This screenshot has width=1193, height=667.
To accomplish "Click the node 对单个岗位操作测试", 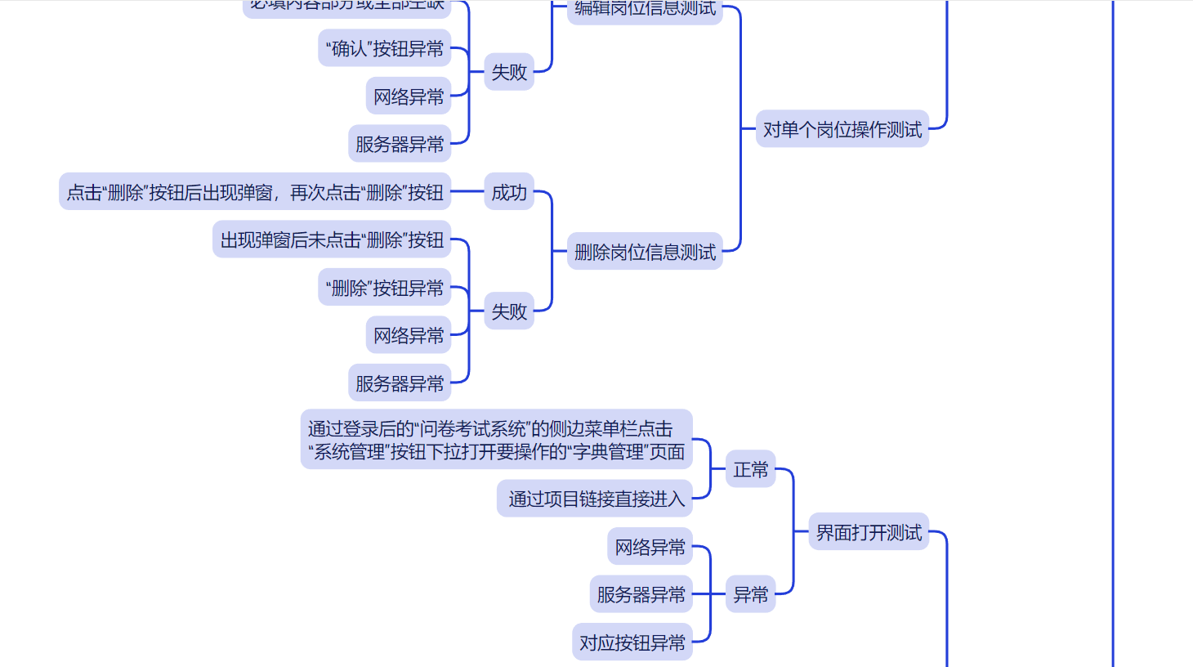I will click(842, 129).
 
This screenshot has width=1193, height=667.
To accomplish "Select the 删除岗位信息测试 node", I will click(645, 252).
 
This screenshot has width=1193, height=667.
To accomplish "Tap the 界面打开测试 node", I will click(868, 532).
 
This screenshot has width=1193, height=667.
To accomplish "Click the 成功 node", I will click(508, 192).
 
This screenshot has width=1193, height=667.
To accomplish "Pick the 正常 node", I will click(750, 469).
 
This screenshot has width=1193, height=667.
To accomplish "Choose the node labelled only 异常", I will click(750, 594).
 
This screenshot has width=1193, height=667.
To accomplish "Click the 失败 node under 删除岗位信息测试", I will click(508, 311).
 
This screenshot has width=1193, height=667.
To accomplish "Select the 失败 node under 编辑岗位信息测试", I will click(508, 72).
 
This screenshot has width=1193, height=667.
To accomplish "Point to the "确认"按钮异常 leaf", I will click(384, 49).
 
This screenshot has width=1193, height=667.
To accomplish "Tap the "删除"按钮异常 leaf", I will click(384, 288).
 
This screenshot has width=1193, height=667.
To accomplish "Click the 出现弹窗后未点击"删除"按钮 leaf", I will click(332, 239).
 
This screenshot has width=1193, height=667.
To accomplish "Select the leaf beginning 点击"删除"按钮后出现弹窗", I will click(255, 192).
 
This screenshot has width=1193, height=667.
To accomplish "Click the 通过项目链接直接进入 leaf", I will click(595, 499).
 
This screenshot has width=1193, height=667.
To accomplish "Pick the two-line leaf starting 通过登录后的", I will click(496, 440).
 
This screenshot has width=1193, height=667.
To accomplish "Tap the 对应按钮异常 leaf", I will click(632, 642).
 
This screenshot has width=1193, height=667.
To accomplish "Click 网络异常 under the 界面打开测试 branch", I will click(650, 547).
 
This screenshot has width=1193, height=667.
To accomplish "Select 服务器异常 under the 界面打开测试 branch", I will click(641, 594).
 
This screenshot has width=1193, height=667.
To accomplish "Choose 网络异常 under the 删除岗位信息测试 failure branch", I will click(409, 335).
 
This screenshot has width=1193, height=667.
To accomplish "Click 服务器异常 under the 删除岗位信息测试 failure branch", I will click(400, 383).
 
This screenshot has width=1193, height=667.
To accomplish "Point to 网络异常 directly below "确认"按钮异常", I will click(409, 96).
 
